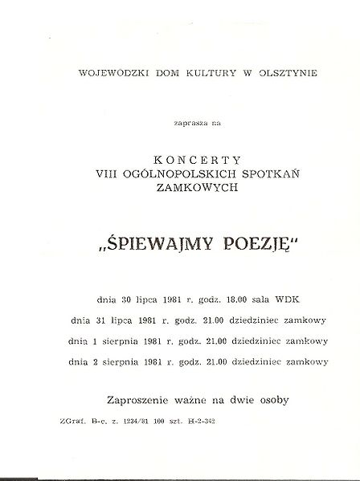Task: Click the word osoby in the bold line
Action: [x=269, y=398]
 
